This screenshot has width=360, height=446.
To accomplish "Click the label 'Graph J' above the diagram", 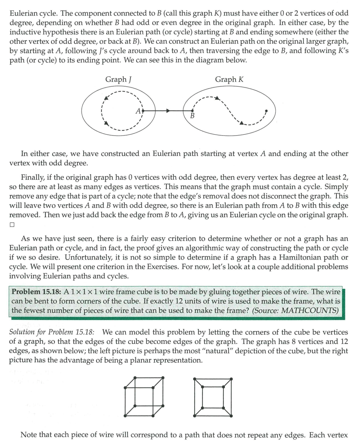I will point(118,79).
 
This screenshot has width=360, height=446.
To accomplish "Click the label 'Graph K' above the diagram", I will point(229,79).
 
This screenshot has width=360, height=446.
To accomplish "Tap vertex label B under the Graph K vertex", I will point(192,116).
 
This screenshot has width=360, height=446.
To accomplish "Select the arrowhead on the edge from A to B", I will point(168,111).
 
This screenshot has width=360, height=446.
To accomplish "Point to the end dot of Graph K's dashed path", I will point(266,111).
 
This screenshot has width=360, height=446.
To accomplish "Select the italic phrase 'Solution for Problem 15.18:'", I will point(52,332).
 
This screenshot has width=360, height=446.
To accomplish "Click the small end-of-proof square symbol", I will point(12,225).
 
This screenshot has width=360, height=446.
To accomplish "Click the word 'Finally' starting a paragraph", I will point(33,177).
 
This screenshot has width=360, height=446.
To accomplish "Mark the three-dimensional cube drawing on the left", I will point(144,396).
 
